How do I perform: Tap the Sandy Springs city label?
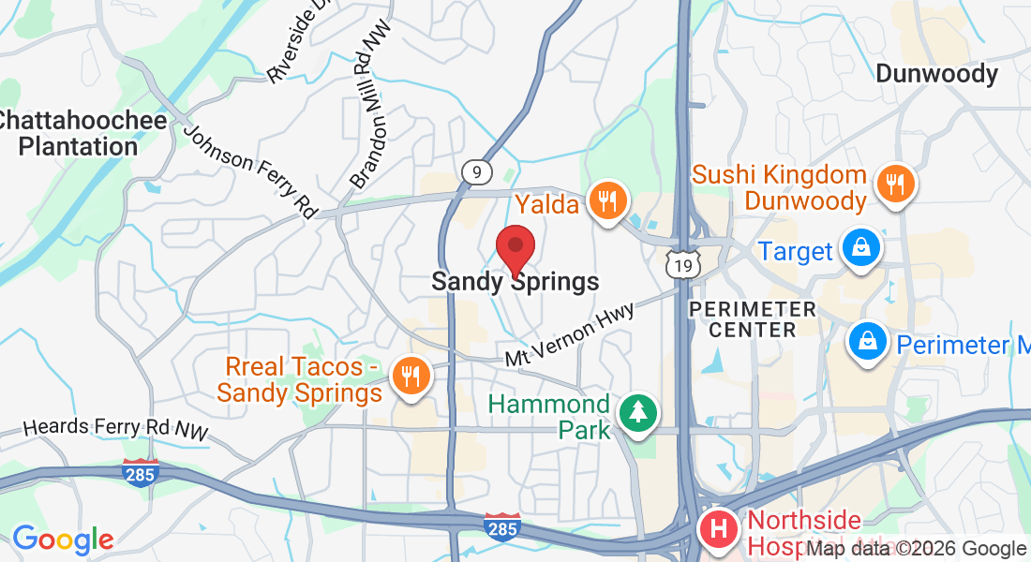pos(515,281)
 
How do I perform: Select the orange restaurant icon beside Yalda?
pos(608,200)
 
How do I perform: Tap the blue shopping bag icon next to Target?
pos(858,248)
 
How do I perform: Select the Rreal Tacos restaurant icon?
pos(410,377)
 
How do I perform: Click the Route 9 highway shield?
pos(476,171)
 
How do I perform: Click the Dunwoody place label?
pos(936,74)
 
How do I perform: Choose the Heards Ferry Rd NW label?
pos(115,428)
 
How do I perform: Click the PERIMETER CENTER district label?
pos(752,318)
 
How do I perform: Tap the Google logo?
pos(62,540)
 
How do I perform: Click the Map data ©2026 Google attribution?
pos(917,549)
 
